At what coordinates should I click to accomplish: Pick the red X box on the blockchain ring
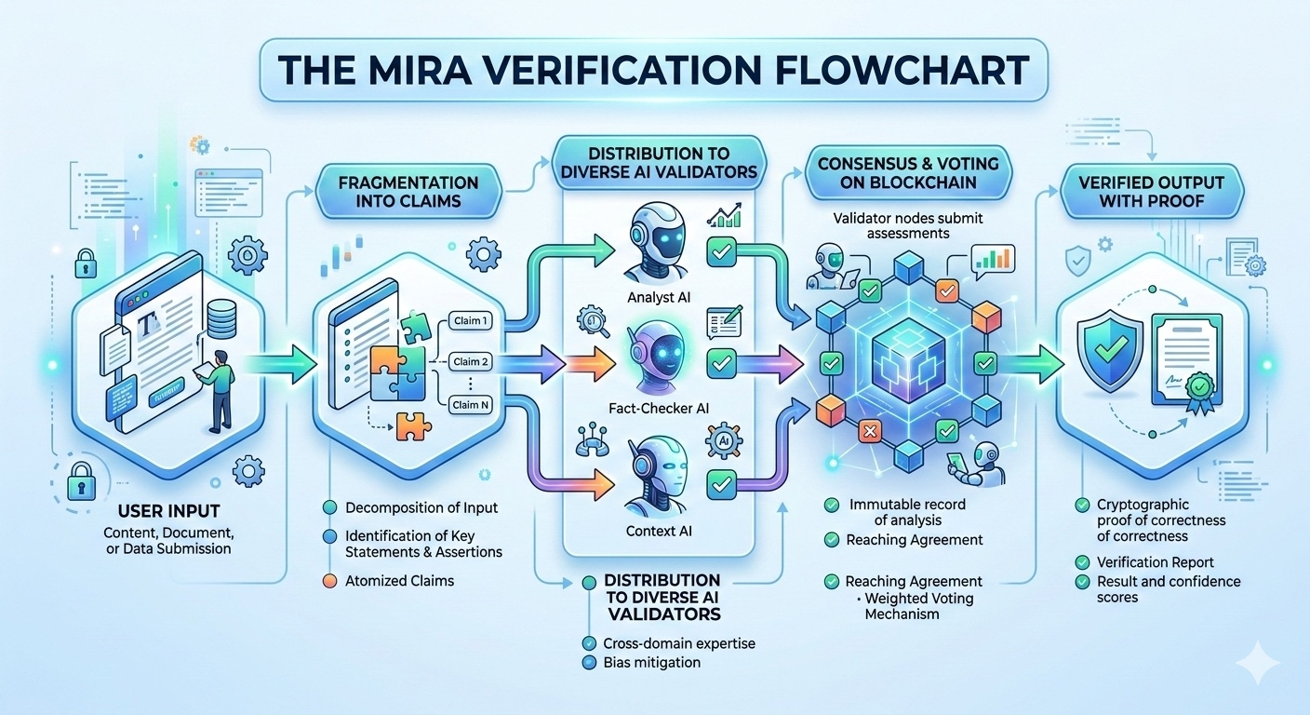pyautogui.click(x=871, y=431)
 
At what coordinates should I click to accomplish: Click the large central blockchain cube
pyautogui.click(x=907, y=363)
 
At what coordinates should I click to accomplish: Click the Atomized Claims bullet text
pyautogui.click(x=401, y=581)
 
